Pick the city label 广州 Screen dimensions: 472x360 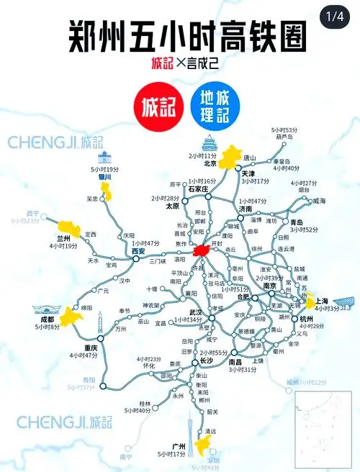(x=168, y=446)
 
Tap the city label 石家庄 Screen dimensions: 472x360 (x=195, y=189)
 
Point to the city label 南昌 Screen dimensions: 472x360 (x=235, y=362)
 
